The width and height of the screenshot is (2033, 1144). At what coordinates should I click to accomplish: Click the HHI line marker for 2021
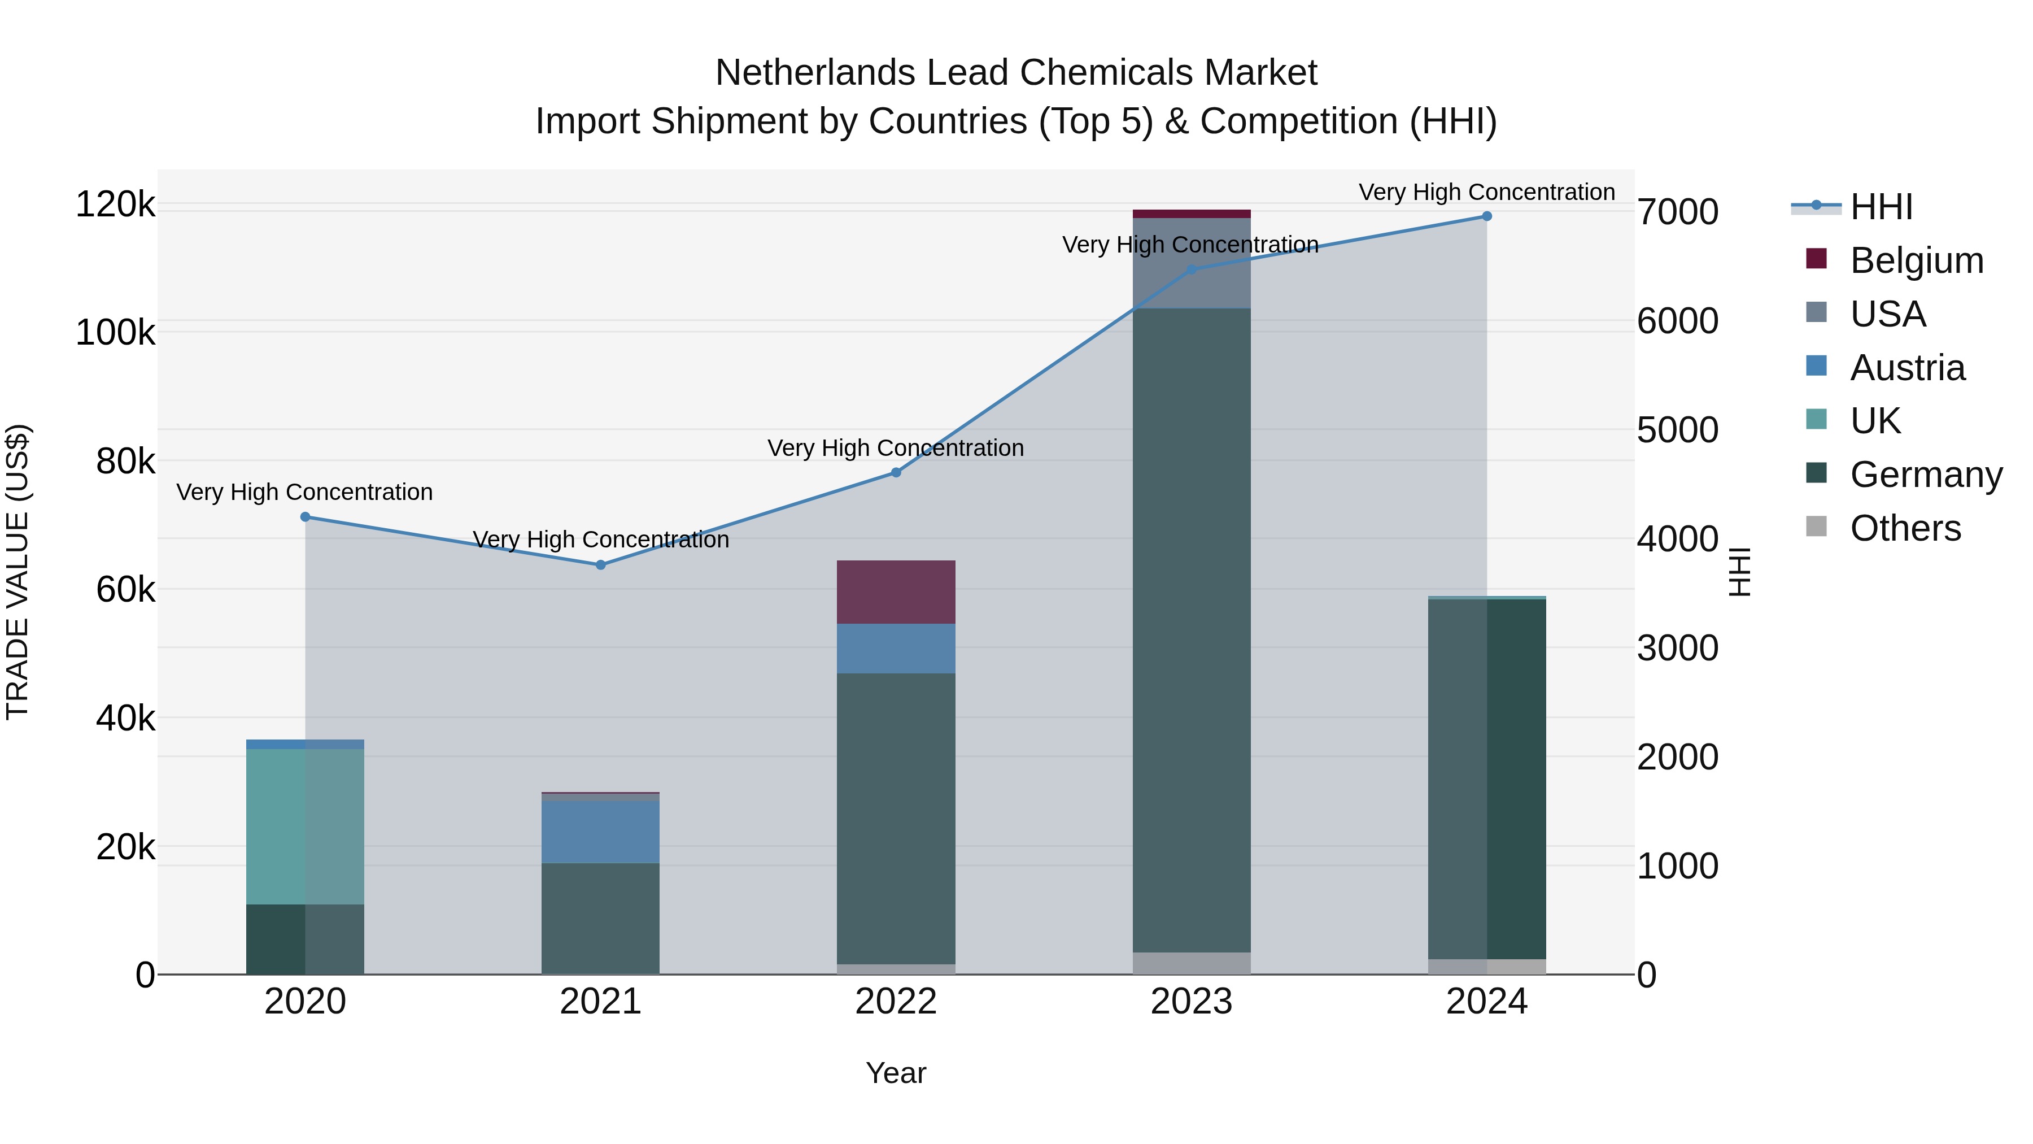(601, 564)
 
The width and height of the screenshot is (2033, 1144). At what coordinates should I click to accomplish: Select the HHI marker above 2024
(1487, 216)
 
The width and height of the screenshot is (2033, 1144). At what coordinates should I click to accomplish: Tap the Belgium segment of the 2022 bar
(896, 592)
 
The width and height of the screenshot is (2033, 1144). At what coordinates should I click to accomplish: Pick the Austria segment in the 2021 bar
(601, 832)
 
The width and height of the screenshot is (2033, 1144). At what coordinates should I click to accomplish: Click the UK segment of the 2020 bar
(306, 826)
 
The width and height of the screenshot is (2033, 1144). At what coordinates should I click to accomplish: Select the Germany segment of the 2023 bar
(1192, 632)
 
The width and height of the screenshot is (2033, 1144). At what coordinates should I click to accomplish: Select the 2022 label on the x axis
(896, 1002)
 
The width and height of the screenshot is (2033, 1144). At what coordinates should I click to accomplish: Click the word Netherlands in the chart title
(815, 73)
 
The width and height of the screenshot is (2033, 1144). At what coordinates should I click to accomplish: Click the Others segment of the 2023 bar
(1192, 963)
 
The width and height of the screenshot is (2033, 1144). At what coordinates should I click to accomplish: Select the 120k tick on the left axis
(115, 205)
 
